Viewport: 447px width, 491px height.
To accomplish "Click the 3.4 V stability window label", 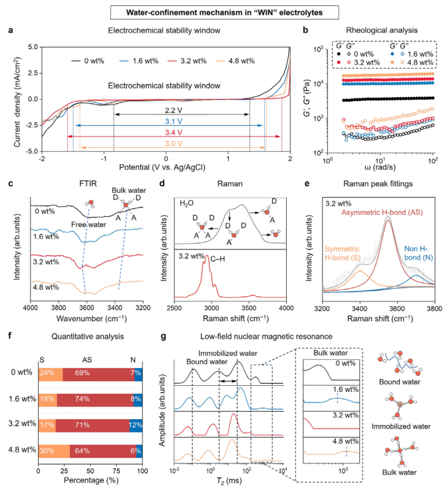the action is [174, 132].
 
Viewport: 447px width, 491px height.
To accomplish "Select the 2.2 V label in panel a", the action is [174, 110].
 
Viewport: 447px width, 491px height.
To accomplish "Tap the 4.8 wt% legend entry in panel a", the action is [235, 61].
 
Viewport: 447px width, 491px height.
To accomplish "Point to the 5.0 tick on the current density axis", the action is [33, 47].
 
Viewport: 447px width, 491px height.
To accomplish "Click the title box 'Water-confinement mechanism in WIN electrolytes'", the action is [224, 13].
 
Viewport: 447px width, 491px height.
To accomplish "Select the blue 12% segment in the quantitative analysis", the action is [136, 425].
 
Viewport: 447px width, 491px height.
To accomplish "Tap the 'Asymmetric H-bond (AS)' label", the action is [382, 213].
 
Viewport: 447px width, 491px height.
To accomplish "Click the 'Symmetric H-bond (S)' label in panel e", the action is [342, 253].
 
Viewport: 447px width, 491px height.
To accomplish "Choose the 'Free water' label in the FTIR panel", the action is [88, 224].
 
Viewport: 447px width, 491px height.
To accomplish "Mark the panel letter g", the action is [163, 337].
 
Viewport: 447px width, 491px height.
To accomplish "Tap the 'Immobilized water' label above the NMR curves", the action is [228, 353].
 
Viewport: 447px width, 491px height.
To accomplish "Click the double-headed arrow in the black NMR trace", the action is [228, 381].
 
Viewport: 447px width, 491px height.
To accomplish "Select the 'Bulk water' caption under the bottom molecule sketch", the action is [399, 472].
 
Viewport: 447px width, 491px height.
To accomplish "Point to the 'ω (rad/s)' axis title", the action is [380, 167].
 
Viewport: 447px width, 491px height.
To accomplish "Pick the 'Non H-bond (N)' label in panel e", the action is [418, 253].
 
